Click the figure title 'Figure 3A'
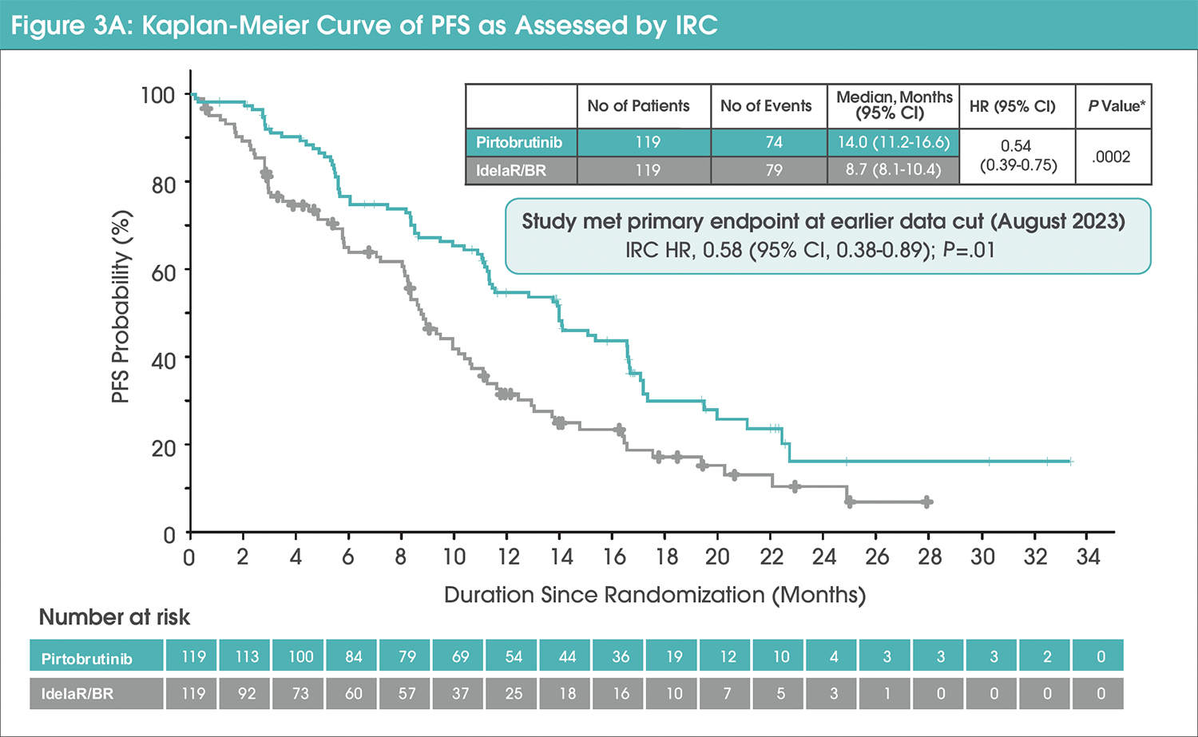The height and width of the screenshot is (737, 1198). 72,26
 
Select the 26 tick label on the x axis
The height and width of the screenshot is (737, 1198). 876,557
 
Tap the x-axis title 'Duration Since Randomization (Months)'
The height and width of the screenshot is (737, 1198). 654,595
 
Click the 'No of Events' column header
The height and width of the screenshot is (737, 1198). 765,106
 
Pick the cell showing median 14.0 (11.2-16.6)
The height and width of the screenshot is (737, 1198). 893,142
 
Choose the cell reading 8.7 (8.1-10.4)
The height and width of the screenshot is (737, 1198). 893,170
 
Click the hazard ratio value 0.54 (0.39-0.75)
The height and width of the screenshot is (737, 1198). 1017,156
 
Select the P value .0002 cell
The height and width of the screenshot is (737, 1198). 1112,157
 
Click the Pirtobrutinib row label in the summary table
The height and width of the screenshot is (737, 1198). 520,143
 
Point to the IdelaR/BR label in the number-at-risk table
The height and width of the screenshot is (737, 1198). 77,694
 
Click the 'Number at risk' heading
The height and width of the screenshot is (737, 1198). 114,617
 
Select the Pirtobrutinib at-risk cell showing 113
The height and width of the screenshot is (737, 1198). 247,656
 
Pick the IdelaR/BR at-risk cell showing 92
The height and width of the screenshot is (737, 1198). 247,693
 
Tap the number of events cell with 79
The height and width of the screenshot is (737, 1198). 773,170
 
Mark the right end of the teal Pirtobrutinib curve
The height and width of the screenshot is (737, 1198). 1071,462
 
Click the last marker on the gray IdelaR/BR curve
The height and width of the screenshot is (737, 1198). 926,502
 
